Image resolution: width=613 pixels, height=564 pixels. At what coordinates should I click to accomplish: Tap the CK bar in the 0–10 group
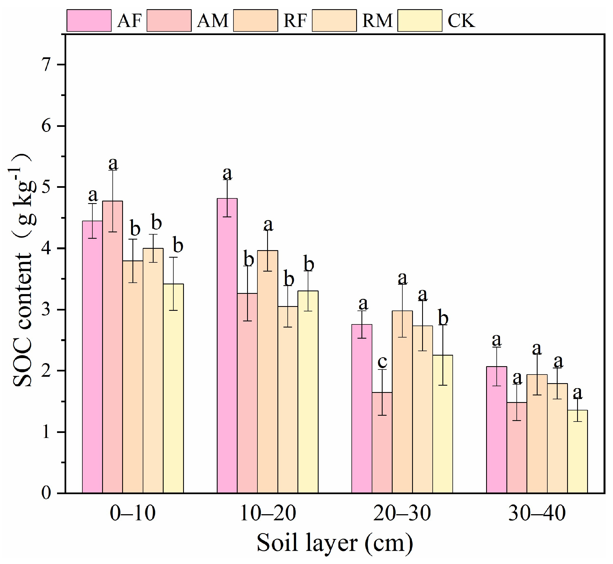point(173,388)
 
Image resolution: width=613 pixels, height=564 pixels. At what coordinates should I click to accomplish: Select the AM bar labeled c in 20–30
point(382,442)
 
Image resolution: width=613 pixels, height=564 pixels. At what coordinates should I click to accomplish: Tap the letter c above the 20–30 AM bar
point(382,362)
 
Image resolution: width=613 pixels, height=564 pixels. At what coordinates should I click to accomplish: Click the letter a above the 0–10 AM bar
point(113,164)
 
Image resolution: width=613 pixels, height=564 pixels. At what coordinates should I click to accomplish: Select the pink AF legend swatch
point(89,20)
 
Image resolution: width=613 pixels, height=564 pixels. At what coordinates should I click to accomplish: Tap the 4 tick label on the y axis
point(46,248)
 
